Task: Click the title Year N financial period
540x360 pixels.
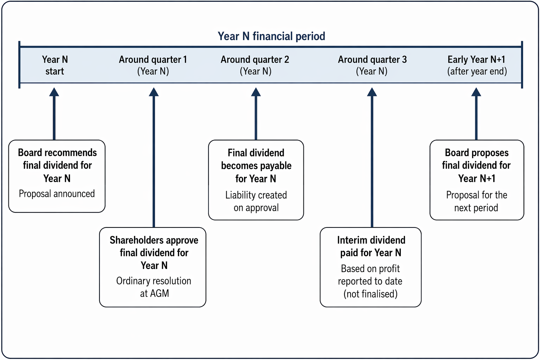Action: coord(271,36)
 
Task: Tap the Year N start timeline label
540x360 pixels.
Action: coord(55,65)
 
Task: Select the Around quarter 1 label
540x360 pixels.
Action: coord(153,65)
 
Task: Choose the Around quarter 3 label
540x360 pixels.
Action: coord(372,65)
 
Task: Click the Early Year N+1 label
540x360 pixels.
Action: coord(477,65)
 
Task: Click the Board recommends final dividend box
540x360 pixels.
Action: coord(57,176)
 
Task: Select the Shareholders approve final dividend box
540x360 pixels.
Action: coord(153,267)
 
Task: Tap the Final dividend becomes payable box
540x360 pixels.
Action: coord(256,180)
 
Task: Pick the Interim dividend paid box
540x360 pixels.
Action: coord(371,267)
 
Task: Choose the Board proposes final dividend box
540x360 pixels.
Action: coord(477,180)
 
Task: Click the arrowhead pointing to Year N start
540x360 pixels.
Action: coord(54,92)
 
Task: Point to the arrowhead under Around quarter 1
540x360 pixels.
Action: coord(154,92)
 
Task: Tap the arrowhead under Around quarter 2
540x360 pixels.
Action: coord(256,92)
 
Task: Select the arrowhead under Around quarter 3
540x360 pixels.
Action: coord(372,92)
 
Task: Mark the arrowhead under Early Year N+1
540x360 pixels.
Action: coord(476,92)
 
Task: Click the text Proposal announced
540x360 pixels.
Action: coord(57,194)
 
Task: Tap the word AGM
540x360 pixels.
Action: coord(159,294)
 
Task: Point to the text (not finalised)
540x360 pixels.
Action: coord(371,294)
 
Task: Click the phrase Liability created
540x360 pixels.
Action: coord(256,195)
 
